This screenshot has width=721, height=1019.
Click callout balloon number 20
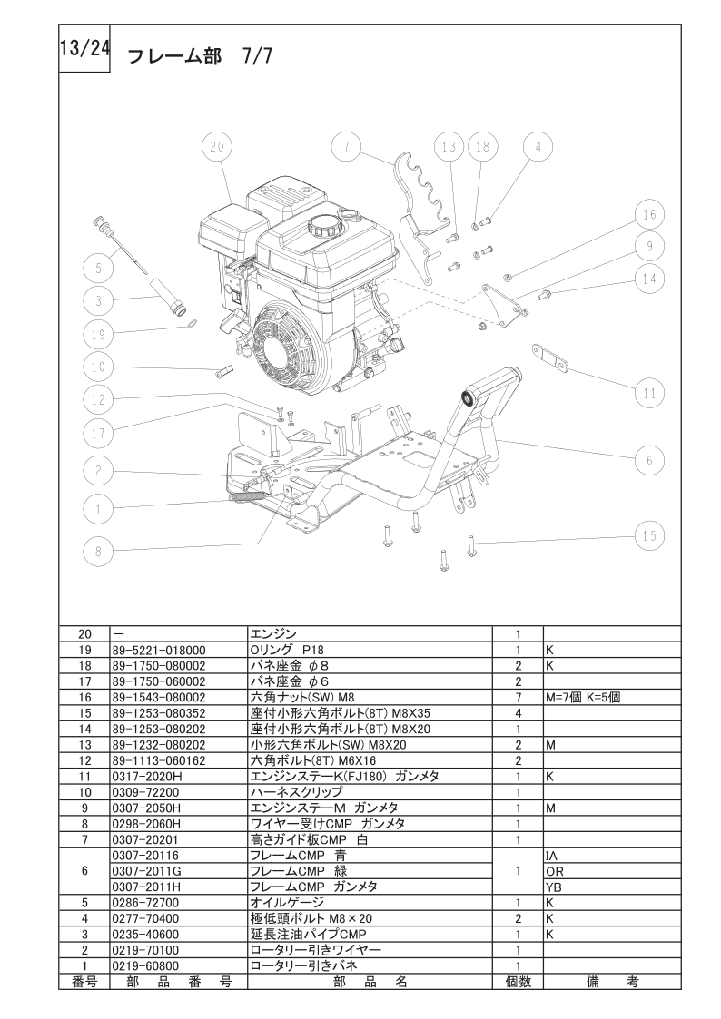tap(216, 148)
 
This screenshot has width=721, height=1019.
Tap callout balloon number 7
tap(347, 147)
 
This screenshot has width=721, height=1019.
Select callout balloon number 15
tap(649, 535)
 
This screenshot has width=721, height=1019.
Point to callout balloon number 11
tap(649, 393)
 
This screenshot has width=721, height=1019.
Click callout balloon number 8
tap(99, 552)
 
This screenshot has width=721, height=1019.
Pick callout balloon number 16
tap(649, 215)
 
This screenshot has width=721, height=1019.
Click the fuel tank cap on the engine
tap(323, 226)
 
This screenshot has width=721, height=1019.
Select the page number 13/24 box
tap(84, 50)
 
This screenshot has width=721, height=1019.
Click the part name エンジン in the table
tap(273, 634)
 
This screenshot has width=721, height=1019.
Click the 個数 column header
tap(519, 982)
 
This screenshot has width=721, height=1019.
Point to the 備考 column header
tap(612, 982)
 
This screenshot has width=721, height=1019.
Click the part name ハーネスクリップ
tap(296, 792)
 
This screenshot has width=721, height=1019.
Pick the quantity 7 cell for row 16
tap(519, 697)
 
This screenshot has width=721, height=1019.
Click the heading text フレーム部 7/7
tap(200, 56)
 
